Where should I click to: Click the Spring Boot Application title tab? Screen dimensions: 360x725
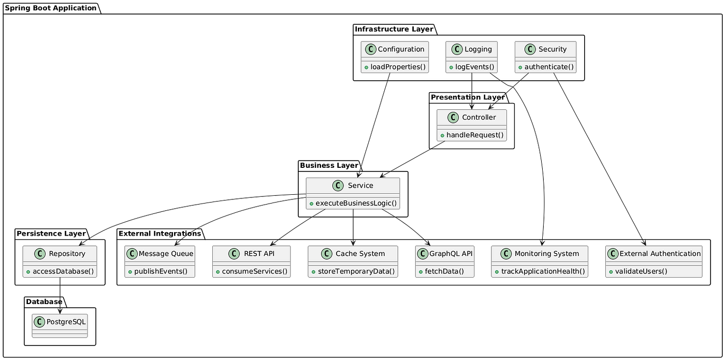click(50, 8)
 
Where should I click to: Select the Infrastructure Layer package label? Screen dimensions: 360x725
click(393, 29)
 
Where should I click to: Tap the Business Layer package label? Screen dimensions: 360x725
click(329, 165)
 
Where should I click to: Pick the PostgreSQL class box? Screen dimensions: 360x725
click(60, 326)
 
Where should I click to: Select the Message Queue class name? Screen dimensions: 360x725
click(166, 253)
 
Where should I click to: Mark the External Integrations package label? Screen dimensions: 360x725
click(160, 234)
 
